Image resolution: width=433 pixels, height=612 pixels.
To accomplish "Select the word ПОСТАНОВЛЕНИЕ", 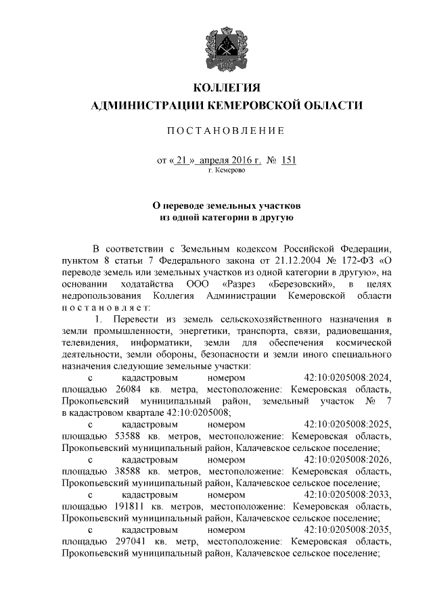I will pyautogui.click(x=227, y=130).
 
